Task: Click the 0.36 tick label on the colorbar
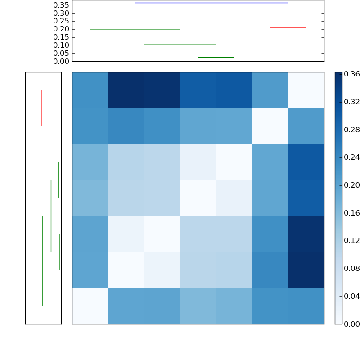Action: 352,74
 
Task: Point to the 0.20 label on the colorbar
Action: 352,185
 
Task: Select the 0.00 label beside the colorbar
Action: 352,324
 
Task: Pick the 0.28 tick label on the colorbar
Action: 352,130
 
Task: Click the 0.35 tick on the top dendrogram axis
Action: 61,5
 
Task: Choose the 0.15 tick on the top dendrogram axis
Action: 61,37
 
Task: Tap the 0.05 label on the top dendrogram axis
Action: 61,53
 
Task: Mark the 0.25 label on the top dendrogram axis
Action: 61,21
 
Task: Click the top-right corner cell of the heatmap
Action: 306,90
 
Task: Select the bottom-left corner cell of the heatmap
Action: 90,306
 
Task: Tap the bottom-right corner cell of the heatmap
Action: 306,306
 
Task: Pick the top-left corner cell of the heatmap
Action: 90,90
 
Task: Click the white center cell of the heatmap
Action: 198,198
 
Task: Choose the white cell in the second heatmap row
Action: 270,126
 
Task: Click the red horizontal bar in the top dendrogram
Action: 288,27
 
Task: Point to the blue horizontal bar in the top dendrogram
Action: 211,3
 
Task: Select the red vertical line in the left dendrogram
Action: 41,108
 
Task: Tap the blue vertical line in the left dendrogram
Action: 27,184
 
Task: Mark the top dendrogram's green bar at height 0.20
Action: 135,30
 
